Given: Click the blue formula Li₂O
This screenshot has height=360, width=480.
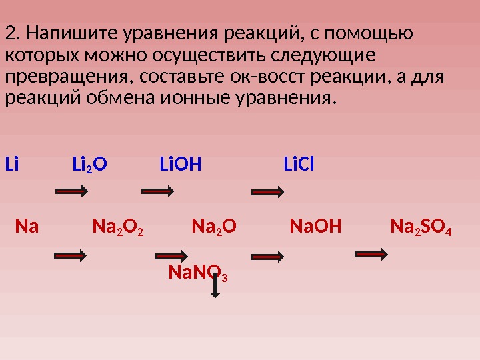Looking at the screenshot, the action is [x=89, y=164].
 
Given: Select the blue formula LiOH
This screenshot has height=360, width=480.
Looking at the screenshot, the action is [x=180, y=164].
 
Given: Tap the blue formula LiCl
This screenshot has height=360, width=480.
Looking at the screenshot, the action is [x=299, y=164].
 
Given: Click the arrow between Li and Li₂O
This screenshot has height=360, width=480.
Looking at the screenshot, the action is [x=72, y=191].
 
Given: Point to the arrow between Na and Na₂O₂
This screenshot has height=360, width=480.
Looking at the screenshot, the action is [x=70, y=254].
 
